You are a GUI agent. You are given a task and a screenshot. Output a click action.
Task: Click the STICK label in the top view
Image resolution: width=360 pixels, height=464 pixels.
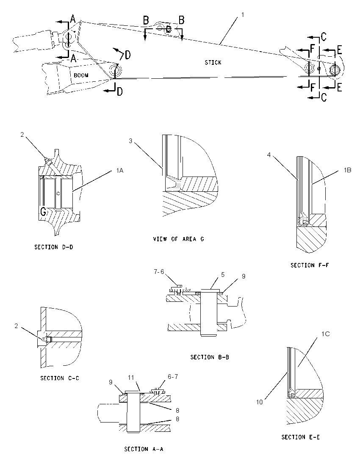pyautogui.click(x=213, y=62)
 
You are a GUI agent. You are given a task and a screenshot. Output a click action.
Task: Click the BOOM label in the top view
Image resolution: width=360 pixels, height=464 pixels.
pyautogui.click(x=81, y=75)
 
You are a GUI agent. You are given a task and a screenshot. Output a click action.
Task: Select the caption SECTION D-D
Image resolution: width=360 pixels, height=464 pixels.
pyautogui.click(x=54, y=247)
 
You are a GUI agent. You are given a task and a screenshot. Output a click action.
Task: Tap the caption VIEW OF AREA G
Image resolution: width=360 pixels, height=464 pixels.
pyautogui.click(x=179, y=239)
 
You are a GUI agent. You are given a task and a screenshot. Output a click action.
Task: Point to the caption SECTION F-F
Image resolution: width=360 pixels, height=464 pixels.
pyautogui.click(x=309, y=265)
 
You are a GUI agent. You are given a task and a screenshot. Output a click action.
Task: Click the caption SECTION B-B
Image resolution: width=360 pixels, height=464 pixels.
pyautogui.click(x=210, y=357)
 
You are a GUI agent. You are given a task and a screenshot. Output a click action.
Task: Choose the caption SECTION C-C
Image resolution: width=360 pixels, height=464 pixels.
pyautogui.click(x=60, y=378)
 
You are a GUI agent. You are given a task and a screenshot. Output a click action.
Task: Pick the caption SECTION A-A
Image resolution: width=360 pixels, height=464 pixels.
pyautogui.click(x=144, y=449)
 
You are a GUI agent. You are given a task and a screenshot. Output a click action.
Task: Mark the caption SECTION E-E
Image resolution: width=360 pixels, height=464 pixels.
pyautogui.click(x=300, y=437)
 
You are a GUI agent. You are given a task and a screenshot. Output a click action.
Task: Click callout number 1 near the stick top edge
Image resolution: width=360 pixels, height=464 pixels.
pyautogui.click(x=243, y=14)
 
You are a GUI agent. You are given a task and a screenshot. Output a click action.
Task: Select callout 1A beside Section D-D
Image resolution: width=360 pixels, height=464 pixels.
pyautogui.click(x=119, y=170)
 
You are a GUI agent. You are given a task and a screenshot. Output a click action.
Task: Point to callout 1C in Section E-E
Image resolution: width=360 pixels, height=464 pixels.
pyautogui.click(x=326, y=334)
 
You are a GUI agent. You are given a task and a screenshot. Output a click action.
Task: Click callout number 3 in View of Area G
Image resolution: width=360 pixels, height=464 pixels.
pyautogui.click(x=130, y=141)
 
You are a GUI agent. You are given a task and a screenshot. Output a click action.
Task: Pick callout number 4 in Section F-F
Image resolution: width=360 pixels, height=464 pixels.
pyautogui.click(x=269, y=155)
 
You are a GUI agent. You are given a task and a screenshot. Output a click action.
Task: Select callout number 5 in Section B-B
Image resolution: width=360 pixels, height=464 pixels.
pyautogui.click(x=223, y=275)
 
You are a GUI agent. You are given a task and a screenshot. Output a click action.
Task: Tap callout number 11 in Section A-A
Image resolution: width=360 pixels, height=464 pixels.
pyautogui.click(x=131, y=377)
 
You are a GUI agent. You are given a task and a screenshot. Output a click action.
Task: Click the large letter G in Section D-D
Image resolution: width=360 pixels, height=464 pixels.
pyautogui.click(x=43, y=212)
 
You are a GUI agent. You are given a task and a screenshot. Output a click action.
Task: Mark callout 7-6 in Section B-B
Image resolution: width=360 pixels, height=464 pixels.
pyautogui.click(x=159, y=272)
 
